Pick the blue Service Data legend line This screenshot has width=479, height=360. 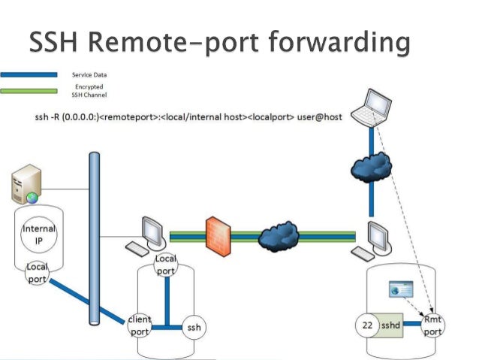29,75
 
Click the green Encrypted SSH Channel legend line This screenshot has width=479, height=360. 29,91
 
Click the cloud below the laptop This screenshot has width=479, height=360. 371,163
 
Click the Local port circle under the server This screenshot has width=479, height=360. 36,272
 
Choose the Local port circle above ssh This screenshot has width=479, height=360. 165,265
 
